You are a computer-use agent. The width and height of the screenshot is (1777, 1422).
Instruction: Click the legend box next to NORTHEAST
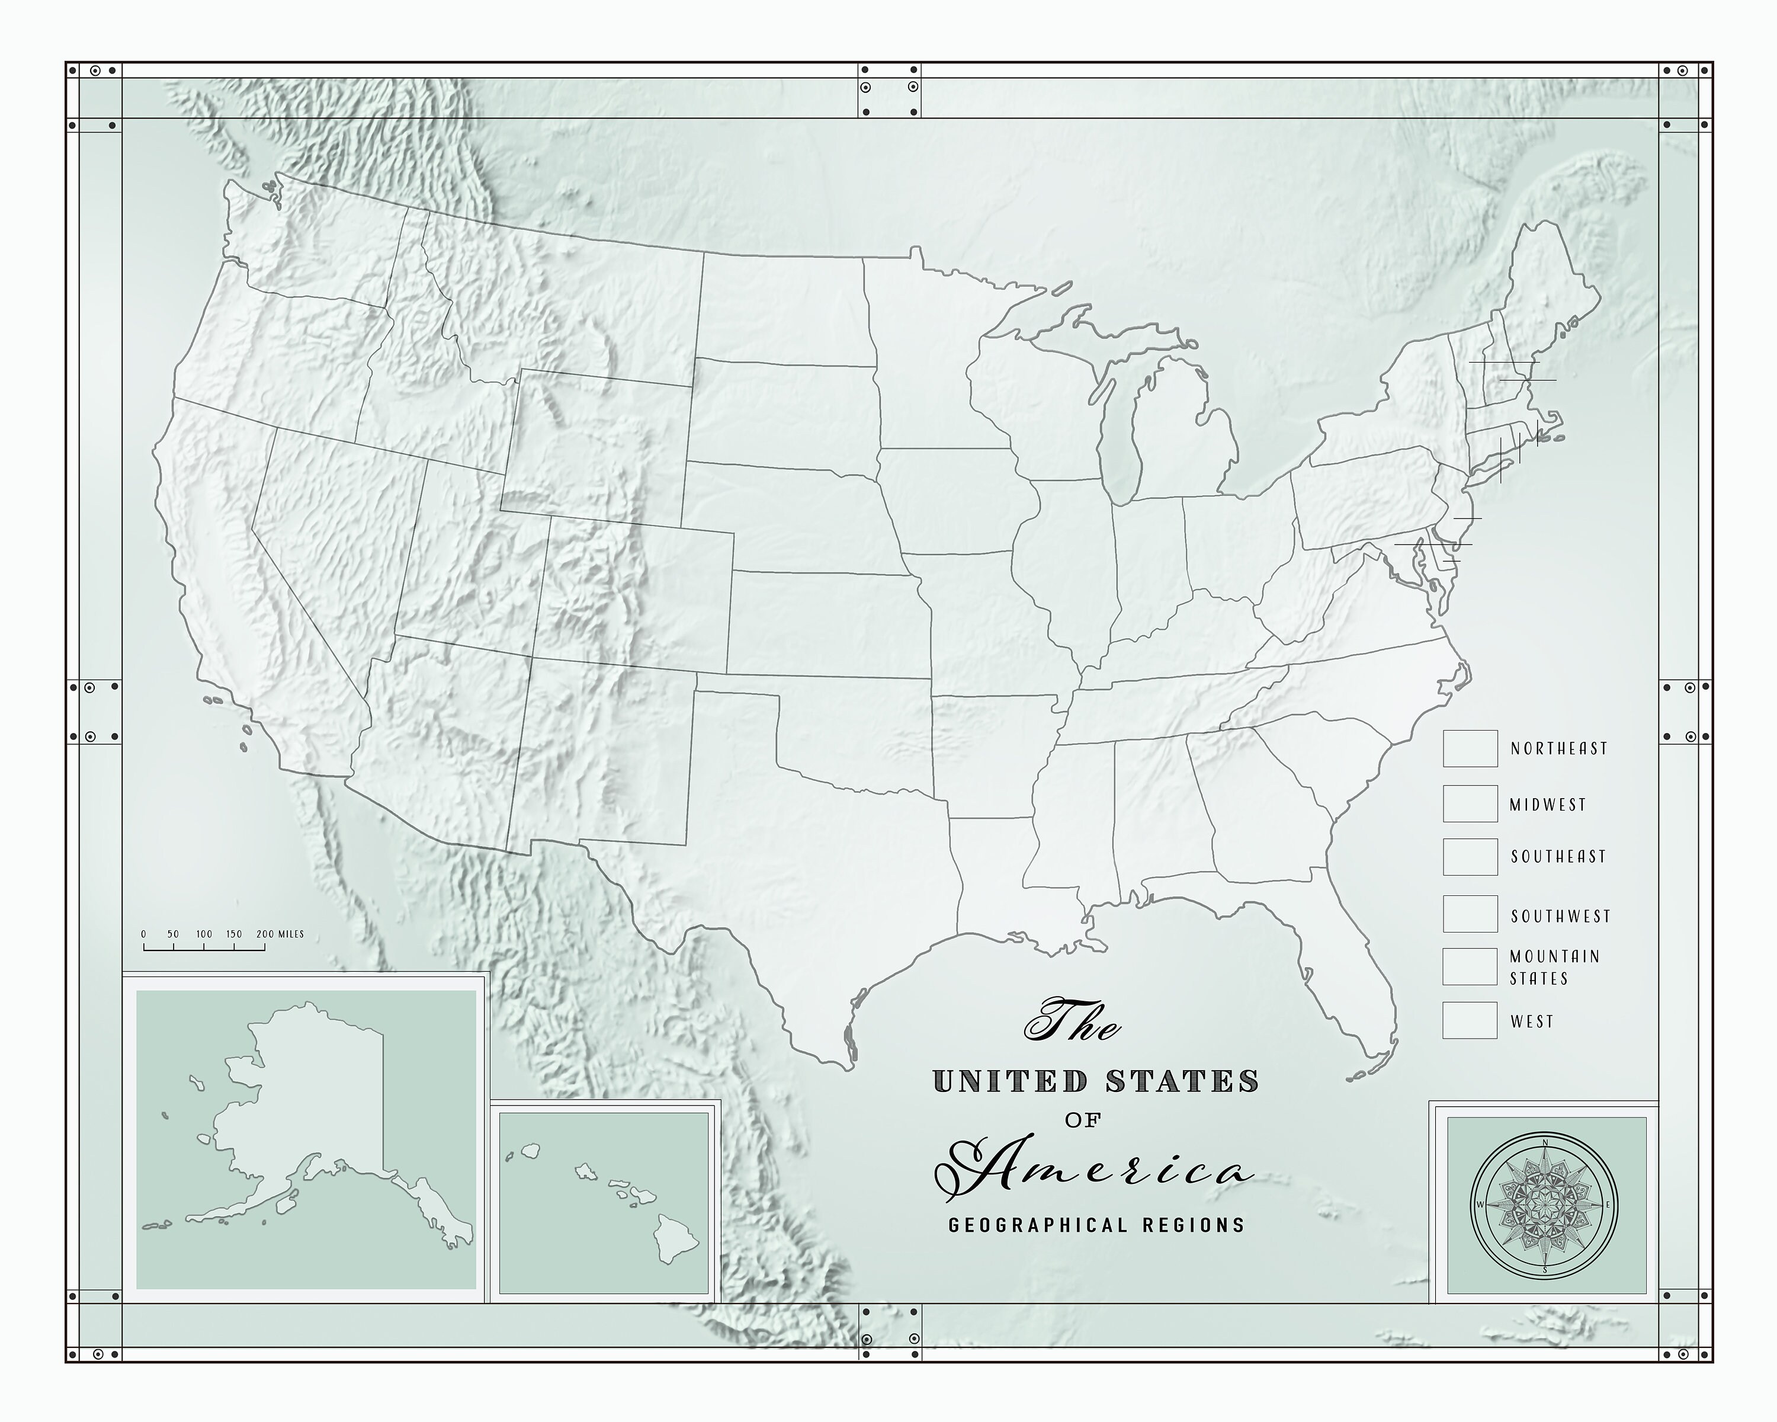[1470, 748]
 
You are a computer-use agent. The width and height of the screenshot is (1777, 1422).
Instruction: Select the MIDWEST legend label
[1547, 805]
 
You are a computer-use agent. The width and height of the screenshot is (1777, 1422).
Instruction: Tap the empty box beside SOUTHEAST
[1470, 857]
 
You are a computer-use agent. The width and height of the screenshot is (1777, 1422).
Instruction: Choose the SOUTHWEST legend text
[1560, 916]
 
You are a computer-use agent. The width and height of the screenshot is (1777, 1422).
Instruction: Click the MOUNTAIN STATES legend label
[1554, 967]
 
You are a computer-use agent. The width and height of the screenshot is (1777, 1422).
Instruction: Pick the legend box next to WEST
[1470, 1020]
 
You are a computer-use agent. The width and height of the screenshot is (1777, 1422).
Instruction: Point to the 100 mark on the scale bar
[204, 934]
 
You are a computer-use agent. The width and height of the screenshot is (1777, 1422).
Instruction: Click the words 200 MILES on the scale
[280, 934]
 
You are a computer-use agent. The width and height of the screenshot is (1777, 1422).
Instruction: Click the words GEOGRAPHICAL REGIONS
[1096, 1225]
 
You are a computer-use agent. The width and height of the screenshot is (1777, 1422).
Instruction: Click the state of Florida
[1352, 981]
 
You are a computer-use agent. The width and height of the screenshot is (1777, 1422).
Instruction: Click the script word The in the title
[1072, 1022]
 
